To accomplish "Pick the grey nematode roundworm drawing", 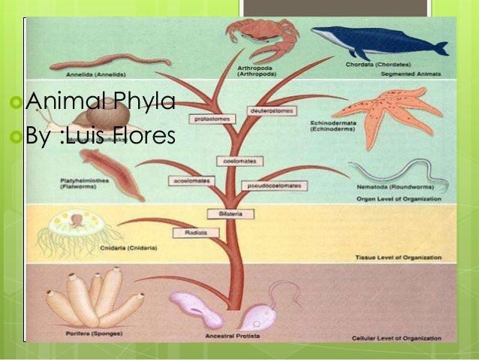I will tap(397, 176).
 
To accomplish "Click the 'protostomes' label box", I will tap(210, 118).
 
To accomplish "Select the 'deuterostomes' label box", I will tap(268, 110).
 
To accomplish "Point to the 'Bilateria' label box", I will tap(230, 214).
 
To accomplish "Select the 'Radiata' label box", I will tap(190, 233).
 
